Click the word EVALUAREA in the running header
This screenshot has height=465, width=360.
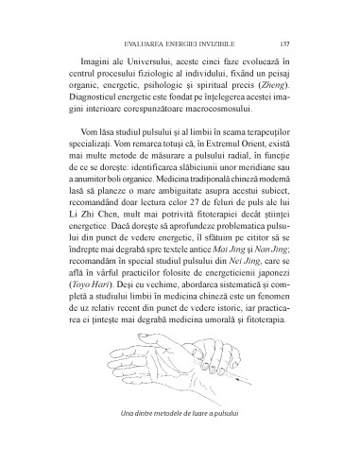point(141,43)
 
